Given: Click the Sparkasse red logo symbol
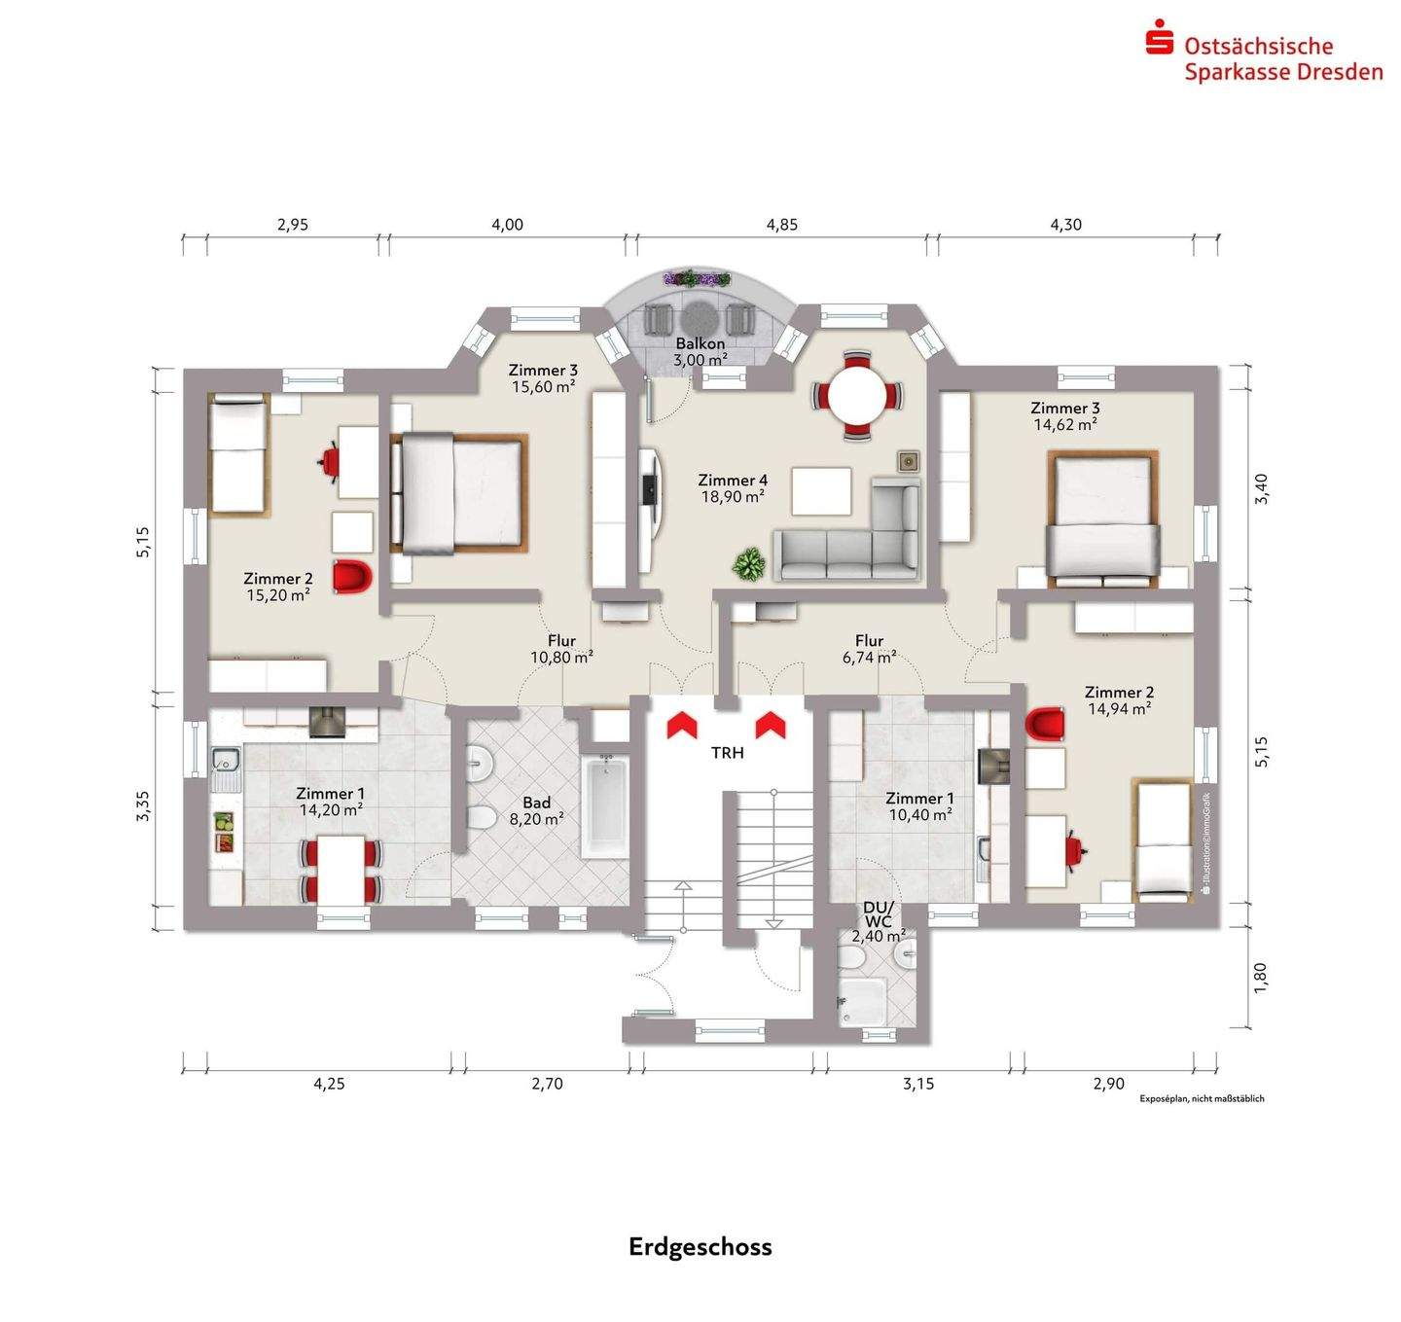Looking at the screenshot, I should (1159, 41).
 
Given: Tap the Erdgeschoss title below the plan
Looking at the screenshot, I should (700, 1247).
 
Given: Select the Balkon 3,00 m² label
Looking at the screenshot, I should (700, 352).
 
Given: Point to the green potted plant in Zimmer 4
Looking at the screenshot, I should (748, 564).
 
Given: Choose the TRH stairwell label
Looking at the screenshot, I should (727, 752).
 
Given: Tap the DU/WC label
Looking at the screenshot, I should (878, 915).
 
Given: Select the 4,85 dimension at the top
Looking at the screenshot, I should (781, 225).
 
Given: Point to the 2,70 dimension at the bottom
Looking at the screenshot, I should (547, 1084).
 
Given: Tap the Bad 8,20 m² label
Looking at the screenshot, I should (537, 810).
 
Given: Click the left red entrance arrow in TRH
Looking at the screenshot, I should (681, 724).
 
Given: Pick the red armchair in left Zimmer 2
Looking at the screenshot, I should (352, 576).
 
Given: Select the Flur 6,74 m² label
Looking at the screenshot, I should (869, 649).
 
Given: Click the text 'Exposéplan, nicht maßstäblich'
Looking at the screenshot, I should (1202, 1098).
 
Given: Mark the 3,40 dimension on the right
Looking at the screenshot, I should (1261, 488).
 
